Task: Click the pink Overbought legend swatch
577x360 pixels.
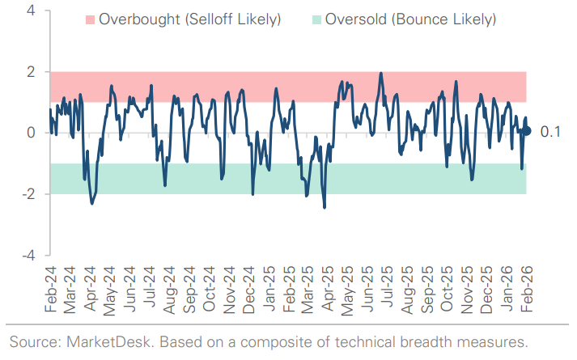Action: pos(89,19)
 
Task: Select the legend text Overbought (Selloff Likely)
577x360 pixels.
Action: pos(189,19)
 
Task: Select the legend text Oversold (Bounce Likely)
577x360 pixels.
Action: pos(410,19)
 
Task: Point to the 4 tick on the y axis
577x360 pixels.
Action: pos(30,11)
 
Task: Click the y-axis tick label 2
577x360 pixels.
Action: pos(30,72)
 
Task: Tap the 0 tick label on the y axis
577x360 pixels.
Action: pos(30,133)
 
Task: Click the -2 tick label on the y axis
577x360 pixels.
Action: pos(27,194)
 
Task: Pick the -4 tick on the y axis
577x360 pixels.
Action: pos(27,255)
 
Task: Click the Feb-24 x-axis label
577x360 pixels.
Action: pos(51,290)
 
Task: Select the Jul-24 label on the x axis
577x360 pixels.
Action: pos(151,290)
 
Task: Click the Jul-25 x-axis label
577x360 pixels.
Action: pos(388,290)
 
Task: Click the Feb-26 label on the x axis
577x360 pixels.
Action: pos(528,290)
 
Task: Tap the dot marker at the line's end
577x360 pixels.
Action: pos(527,130)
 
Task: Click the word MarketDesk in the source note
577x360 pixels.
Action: pos(91,341)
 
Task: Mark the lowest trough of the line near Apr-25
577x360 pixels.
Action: pos(325,208)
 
